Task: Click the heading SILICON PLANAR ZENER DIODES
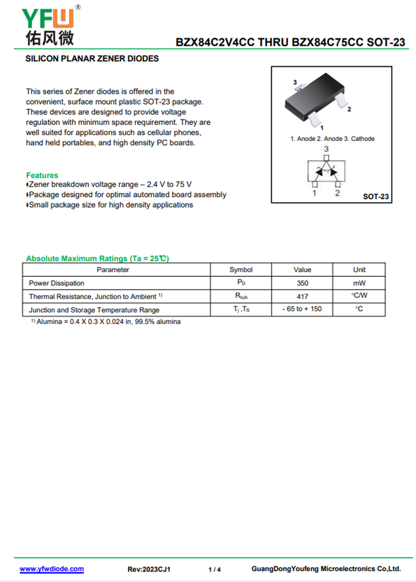tap(92, 59)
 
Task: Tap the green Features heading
tap(42, 175)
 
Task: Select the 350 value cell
tap(302, 283)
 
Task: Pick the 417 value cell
tap(302, 296)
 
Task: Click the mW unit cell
tap(359, 283)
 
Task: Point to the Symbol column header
tap(241, 270)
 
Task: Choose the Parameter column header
tap(113, 270)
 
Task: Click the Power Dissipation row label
tap(57, 283)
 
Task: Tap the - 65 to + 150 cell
tap(302, 309)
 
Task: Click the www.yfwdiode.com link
tap(51, 569)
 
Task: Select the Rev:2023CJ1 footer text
tap(149, 570)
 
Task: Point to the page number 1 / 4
tap(214, 570)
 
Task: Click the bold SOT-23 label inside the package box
tap(375, 197)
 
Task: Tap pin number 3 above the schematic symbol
tap(326, 149)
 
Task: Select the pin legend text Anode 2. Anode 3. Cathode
tap(332, 139)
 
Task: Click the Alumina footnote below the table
tap(106, 322)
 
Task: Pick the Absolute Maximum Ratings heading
tap(97, 258)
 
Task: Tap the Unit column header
tap(359, 270)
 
